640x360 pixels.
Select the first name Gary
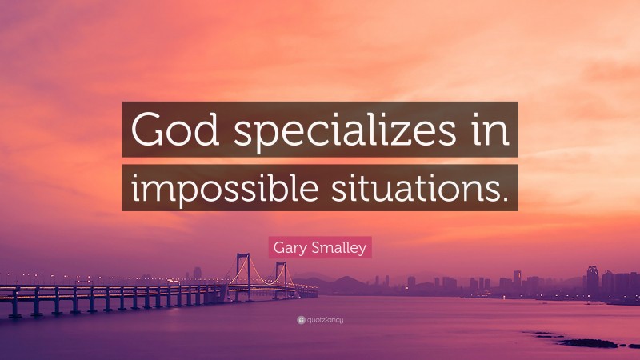(x=290, y=248)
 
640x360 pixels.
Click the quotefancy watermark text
(x=325, y=320)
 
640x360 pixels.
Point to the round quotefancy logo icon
(x=300, y=320)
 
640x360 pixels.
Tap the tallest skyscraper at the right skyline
(x=592, y=279)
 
